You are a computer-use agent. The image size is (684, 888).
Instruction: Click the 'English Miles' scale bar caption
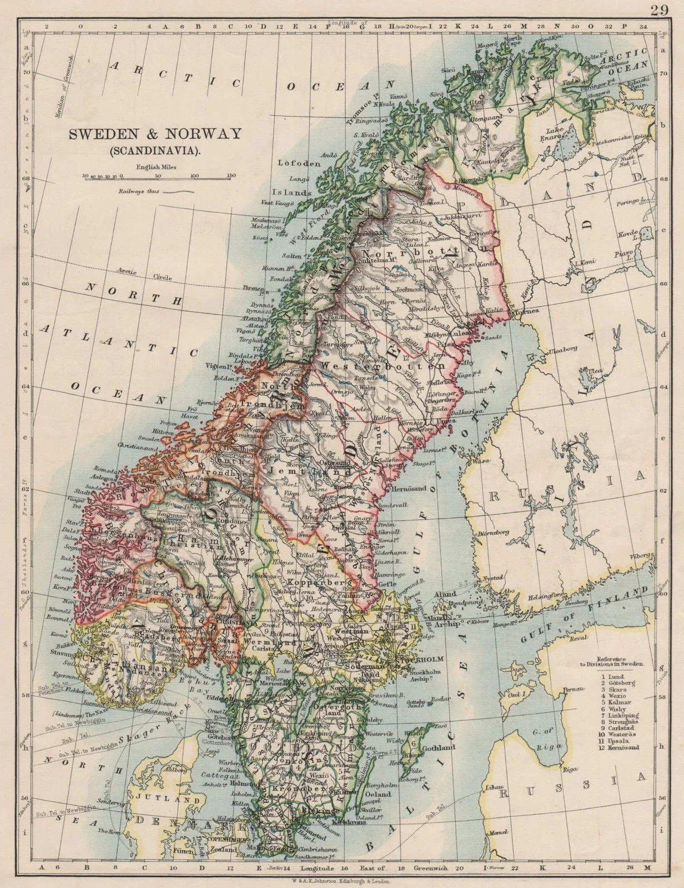151,166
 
